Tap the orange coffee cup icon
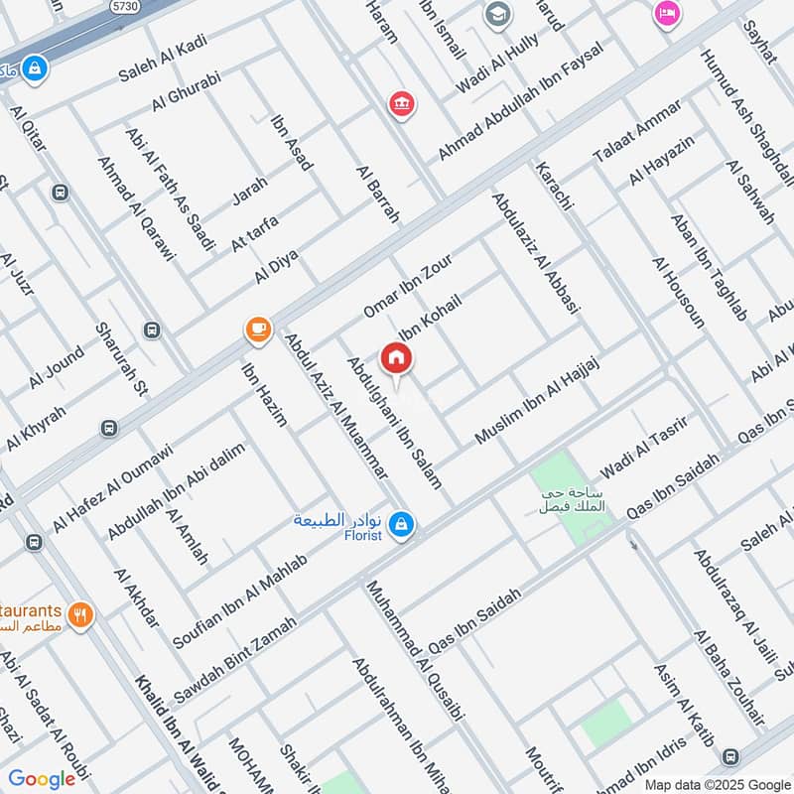258,330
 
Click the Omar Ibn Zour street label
407,288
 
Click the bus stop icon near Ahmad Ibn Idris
731,755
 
